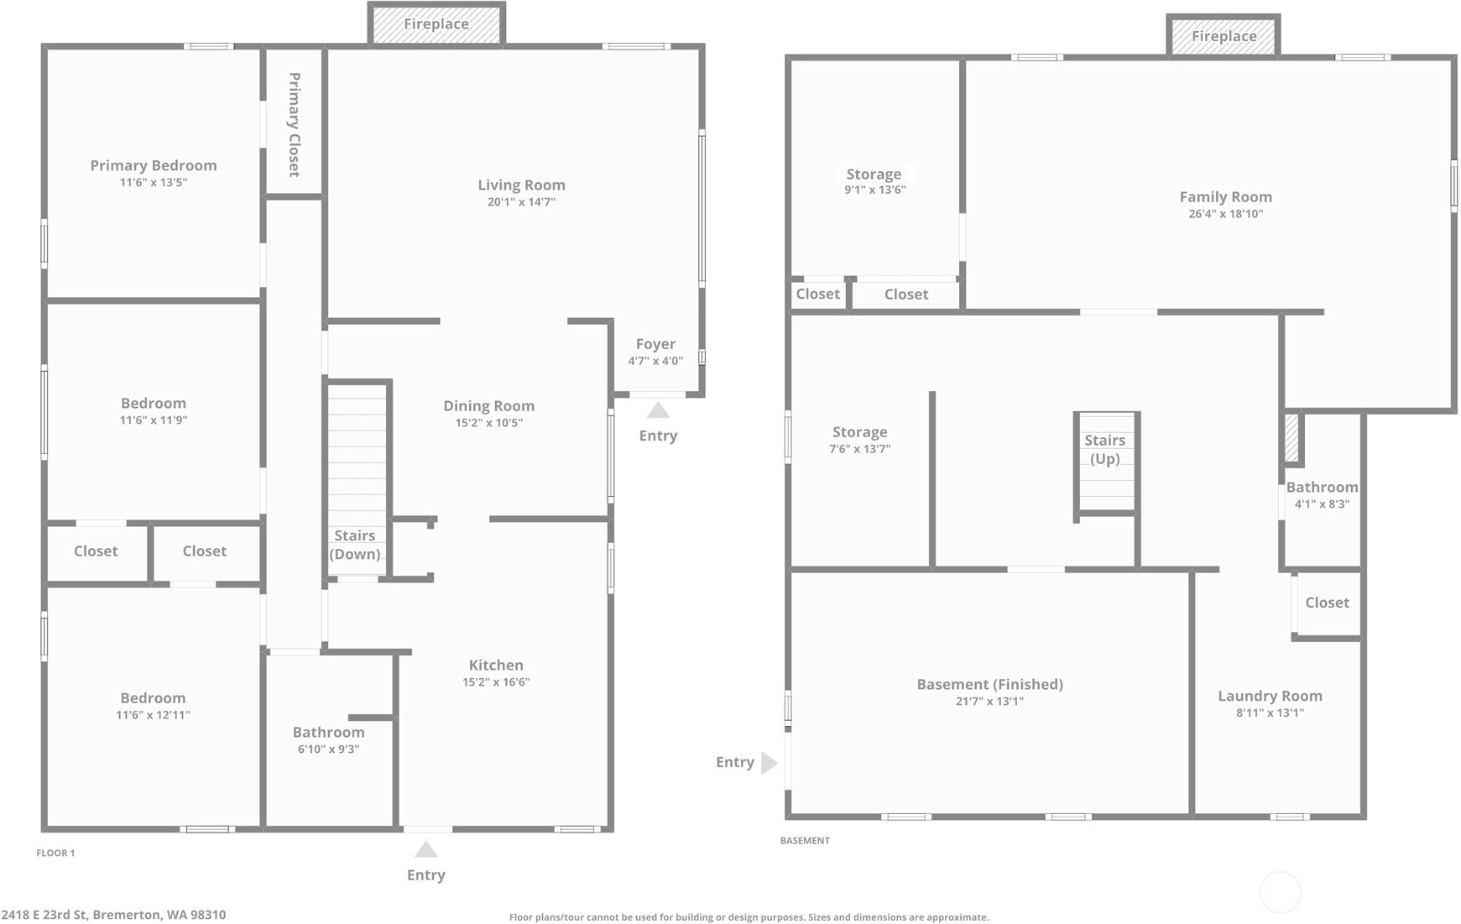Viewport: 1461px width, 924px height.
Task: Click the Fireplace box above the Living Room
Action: (x=436, y=23)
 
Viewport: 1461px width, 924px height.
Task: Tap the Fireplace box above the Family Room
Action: (x=1224, y=36)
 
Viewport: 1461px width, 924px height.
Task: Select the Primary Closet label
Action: (x=295, y=124)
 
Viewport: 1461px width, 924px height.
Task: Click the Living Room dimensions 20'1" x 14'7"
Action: (x=521, y=202)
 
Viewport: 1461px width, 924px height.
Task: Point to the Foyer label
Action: (x=655, y=344)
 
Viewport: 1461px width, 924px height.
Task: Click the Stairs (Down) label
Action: (x=355, y=545)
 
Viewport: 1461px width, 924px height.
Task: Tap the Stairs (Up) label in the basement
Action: (x=1104, y=449)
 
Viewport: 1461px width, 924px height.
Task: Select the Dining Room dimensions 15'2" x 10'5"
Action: (x=489, y=423)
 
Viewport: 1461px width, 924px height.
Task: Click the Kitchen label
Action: (x=496, y=665)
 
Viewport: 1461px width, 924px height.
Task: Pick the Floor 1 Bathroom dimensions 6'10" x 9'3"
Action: (x=328, y=749)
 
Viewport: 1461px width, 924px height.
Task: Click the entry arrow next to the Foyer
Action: (x=658, y=410)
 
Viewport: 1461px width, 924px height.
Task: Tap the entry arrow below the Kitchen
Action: (x=426, y=849)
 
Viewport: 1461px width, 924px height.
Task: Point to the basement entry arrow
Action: (x=770, y=763)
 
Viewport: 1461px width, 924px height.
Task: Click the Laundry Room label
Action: (x=1270, y=696)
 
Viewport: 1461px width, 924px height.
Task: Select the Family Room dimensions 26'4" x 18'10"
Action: (x=1225, y=214)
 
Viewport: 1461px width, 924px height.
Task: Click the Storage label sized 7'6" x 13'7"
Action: (x=859, y=432)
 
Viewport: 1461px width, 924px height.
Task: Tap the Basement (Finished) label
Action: (x=989, y=684)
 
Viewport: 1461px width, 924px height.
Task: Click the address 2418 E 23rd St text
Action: (x=44, y=915)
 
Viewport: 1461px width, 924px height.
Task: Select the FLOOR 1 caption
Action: (x=55, y=853)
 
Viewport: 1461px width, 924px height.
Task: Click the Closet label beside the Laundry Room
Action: (x=1327, y=603)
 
